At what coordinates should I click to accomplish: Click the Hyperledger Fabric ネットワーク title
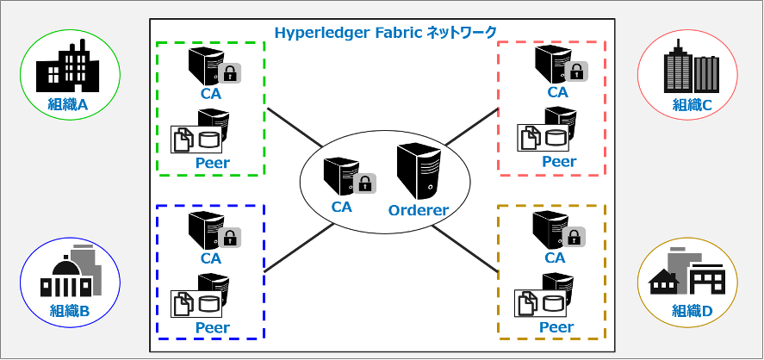pyautogui.click(x=385, y=32)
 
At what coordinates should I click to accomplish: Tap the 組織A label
pyautogui.click(x=68, y=103)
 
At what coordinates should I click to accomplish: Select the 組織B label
pyautogui.click(x=70, y=310)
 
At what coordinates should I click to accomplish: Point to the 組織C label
pyautogui.click(x=693, y=104)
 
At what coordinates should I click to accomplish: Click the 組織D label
pyautogui.click(x=693, y=310)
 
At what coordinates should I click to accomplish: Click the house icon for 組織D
pyautogui.click(x=663, y=282)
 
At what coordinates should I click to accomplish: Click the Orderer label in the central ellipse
pyautogui.click(x=418, y=210)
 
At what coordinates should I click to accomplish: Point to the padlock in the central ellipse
pyautogui.click(x=365, y=184)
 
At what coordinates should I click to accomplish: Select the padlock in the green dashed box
pyautogui.click(x=230, y=72)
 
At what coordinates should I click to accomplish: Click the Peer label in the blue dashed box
pyautogui.click(x=213, y=327)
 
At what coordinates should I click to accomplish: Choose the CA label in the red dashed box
pyautogui.click(x=558, y=92)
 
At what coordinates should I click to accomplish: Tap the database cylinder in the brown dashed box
pyautogui.click(x=556, y=303)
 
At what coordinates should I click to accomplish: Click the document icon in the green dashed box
pyautogui.click(x=181, y=140)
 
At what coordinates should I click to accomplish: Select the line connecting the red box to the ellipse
pyautogui.click(x=472, y=127)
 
